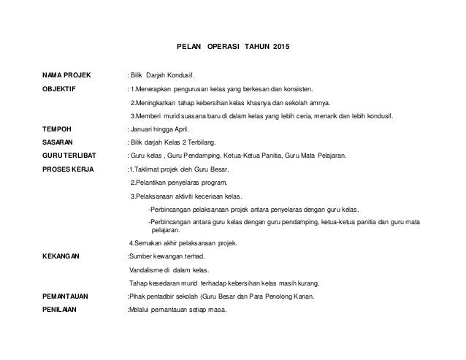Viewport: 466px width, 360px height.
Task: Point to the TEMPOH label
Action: tap(57, 129)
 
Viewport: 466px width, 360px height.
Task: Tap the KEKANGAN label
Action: tap(61, 256)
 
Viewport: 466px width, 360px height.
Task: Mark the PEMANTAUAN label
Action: tap(68, 296)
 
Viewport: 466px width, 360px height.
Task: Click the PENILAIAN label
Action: tap(62, 310)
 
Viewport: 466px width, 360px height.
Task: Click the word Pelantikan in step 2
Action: tap(151, 183)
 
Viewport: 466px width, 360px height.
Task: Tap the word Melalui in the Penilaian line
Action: tap(140, 310)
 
